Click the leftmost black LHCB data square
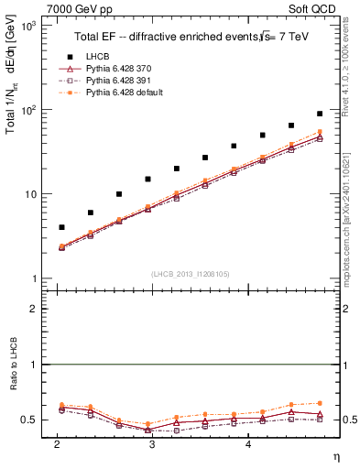tap(61, 227)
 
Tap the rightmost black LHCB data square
tap(320, 114)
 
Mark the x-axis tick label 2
tap(57, 444)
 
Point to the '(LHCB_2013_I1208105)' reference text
tap(190, 273)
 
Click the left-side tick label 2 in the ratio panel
tap(34, 310)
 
